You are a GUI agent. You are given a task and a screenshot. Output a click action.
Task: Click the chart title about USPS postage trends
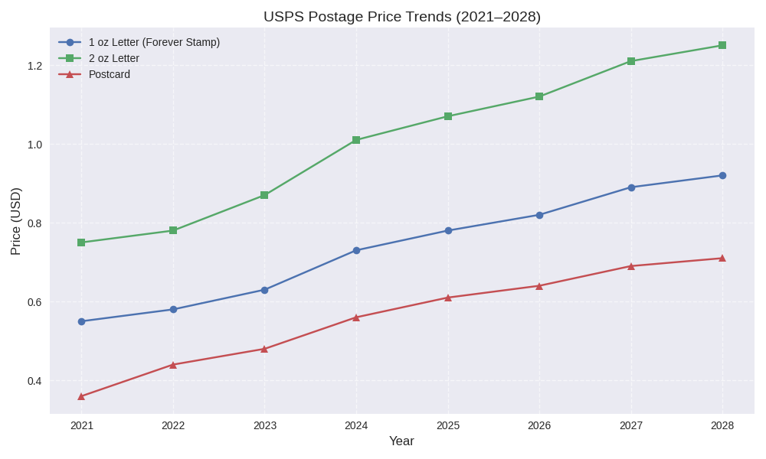coord(401,17)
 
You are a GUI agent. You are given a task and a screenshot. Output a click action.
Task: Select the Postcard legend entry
coord(109,74)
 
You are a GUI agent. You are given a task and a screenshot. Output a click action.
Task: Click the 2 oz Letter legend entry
coord(113,58)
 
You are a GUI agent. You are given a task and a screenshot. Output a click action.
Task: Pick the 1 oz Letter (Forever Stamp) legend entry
coord(154,42)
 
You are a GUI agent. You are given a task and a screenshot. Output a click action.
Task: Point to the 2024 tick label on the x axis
coord(356,425)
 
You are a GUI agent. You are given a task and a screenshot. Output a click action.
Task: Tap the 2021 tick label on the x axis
coord(82,425)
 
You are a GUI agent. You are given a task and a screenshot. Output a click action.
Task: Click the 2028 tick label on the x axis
coord(722,425)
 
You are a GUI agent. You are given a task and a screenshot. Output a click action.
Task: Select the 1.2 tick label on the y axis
coord(34,66)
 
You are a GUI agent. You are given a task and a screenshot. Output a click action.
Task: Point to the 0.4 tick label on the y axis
coord(34,381)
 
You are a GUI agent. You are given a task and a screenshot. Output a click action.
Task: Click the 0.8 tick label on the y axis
coord(34,223)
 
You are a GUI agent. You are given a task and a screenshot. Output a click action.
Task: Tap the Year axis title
coord(401,441)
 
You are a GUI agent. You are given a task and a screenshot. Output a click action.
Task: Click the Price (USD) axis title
coord(15,221)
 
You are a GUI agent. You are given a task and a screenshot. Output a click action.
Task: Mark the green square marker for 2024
coord(356,140)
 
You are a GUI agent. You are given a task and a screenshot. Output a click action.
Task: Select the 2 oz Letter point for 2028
coord(722,45)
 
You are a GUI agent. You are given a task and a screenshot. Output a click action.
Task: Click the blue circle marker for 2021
coord(82,321)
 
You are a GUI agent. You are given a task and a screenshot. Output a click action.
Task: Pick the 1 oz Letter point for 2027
coord(631,187)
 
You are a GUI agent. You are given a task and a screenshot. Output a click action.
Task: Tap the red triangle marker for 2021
coord(82,396)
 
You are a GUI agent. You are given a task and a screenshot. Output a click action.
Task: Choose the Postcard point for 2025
coord(448,298)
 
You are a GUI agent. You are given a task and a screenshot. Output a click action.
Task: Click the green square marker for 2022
coord(173,230)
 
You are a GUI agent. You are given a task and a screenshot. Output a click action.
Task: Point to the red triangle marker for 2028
coord(722,259)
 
